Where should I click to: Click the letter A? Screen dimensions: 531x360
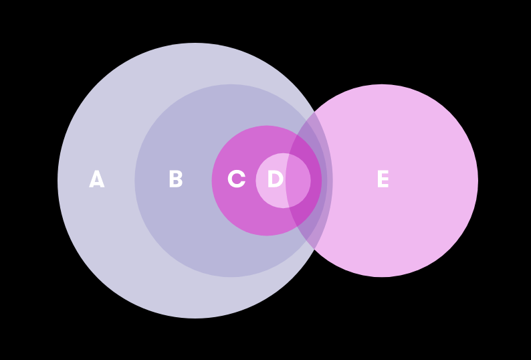[x=97, y=180]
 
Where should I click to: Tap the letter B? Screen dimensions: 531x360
[x=175, y=180]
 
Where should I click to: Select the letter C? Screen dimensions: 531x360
[x=236, y=180]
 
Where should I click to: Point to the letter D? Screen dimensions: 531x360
[x=275, y=180]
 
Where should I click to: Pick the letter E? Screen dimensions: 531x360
[x=383, y=180]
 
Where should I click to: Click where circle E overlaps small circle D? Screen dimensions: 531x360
[x=298, y=181]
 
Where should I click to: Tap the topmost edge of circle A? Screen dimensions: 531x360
[x=195, y=43]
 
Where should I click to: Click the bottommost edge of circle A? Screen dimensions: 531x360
[x=195, y=318]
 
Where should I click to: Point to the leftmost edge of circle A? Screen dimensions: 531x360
[x=58, y=181]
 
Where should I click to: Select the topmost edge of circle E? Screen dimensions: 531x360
[x=382, y=84]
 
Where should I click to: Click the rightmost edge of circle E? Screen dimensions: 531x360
[x=478, y=181]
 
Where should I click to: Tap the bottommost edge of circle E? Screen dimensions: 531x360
[x=382, y=277]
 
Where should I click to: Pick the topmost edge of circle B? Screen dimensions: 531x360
[x=231, y=84]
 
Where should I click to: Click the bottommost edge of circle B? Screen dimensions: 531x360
[x=231, y=277]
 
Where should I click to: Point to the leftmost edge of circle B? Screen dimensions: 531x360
[x=134, y=181]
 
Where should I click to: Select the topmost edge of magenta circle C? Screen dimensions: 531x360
[x=267, y=126]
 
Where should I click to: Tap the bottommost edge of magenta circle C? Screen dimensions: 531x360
[x=267, y=236]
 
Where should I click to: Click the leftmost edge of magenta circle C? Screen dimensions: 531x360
[x=212, y=181]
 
